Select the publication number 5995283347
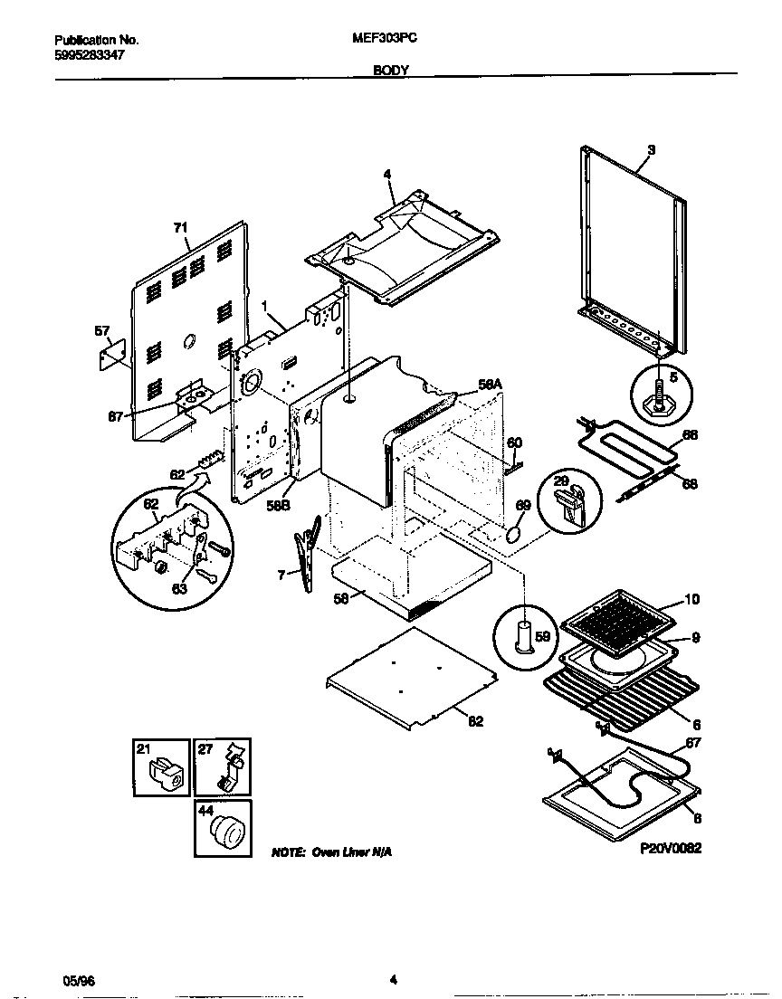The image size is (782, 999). (90, 54)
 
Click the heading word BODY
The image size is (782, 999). (391, 69)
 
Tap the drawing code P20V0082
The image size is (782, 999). (671, 848)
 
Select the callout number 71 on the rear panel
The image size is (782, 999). (179, 230)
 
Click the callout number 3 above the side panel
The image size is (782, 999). (651, 148)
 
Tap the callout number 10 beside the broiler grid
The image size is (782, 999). (691, 599)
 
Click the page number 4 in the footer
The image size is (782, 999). (392, 979)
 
